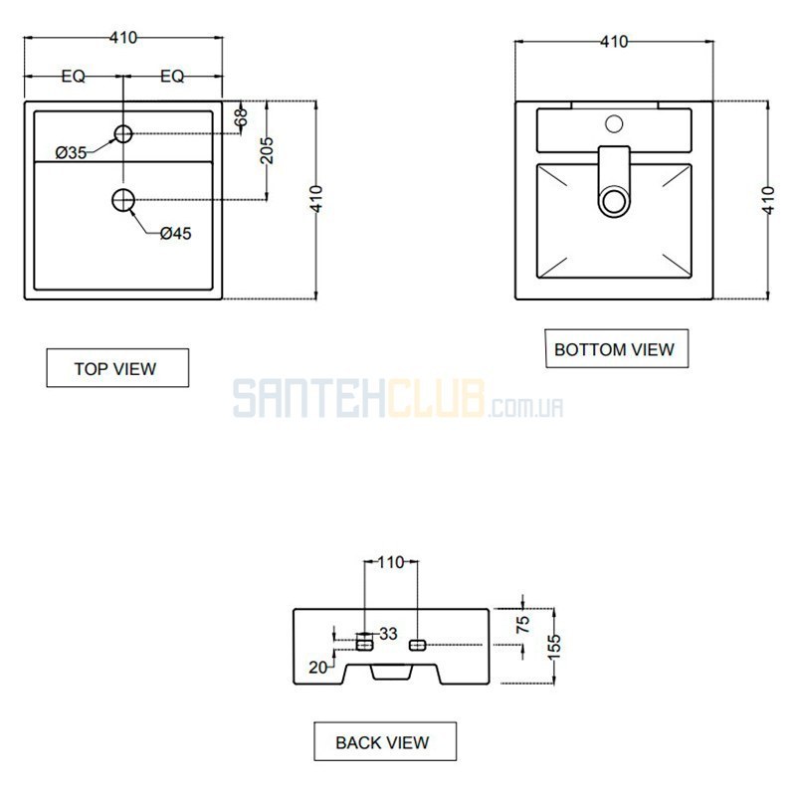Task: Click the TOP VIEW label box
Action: tap(117, 368)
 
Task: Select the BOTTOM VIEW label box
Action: tap(616, 349)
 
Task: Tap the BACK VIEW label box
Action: tap(385, 741)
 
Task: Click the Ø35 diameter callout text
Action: tap(71, 152)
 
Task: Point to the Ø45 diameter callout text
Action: tap(176, 234)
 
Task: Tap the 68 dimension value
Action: tap(242, 117)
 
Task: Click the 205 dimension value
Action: tap(267, 151)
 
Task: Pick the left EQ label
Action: tap(73, 77)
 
